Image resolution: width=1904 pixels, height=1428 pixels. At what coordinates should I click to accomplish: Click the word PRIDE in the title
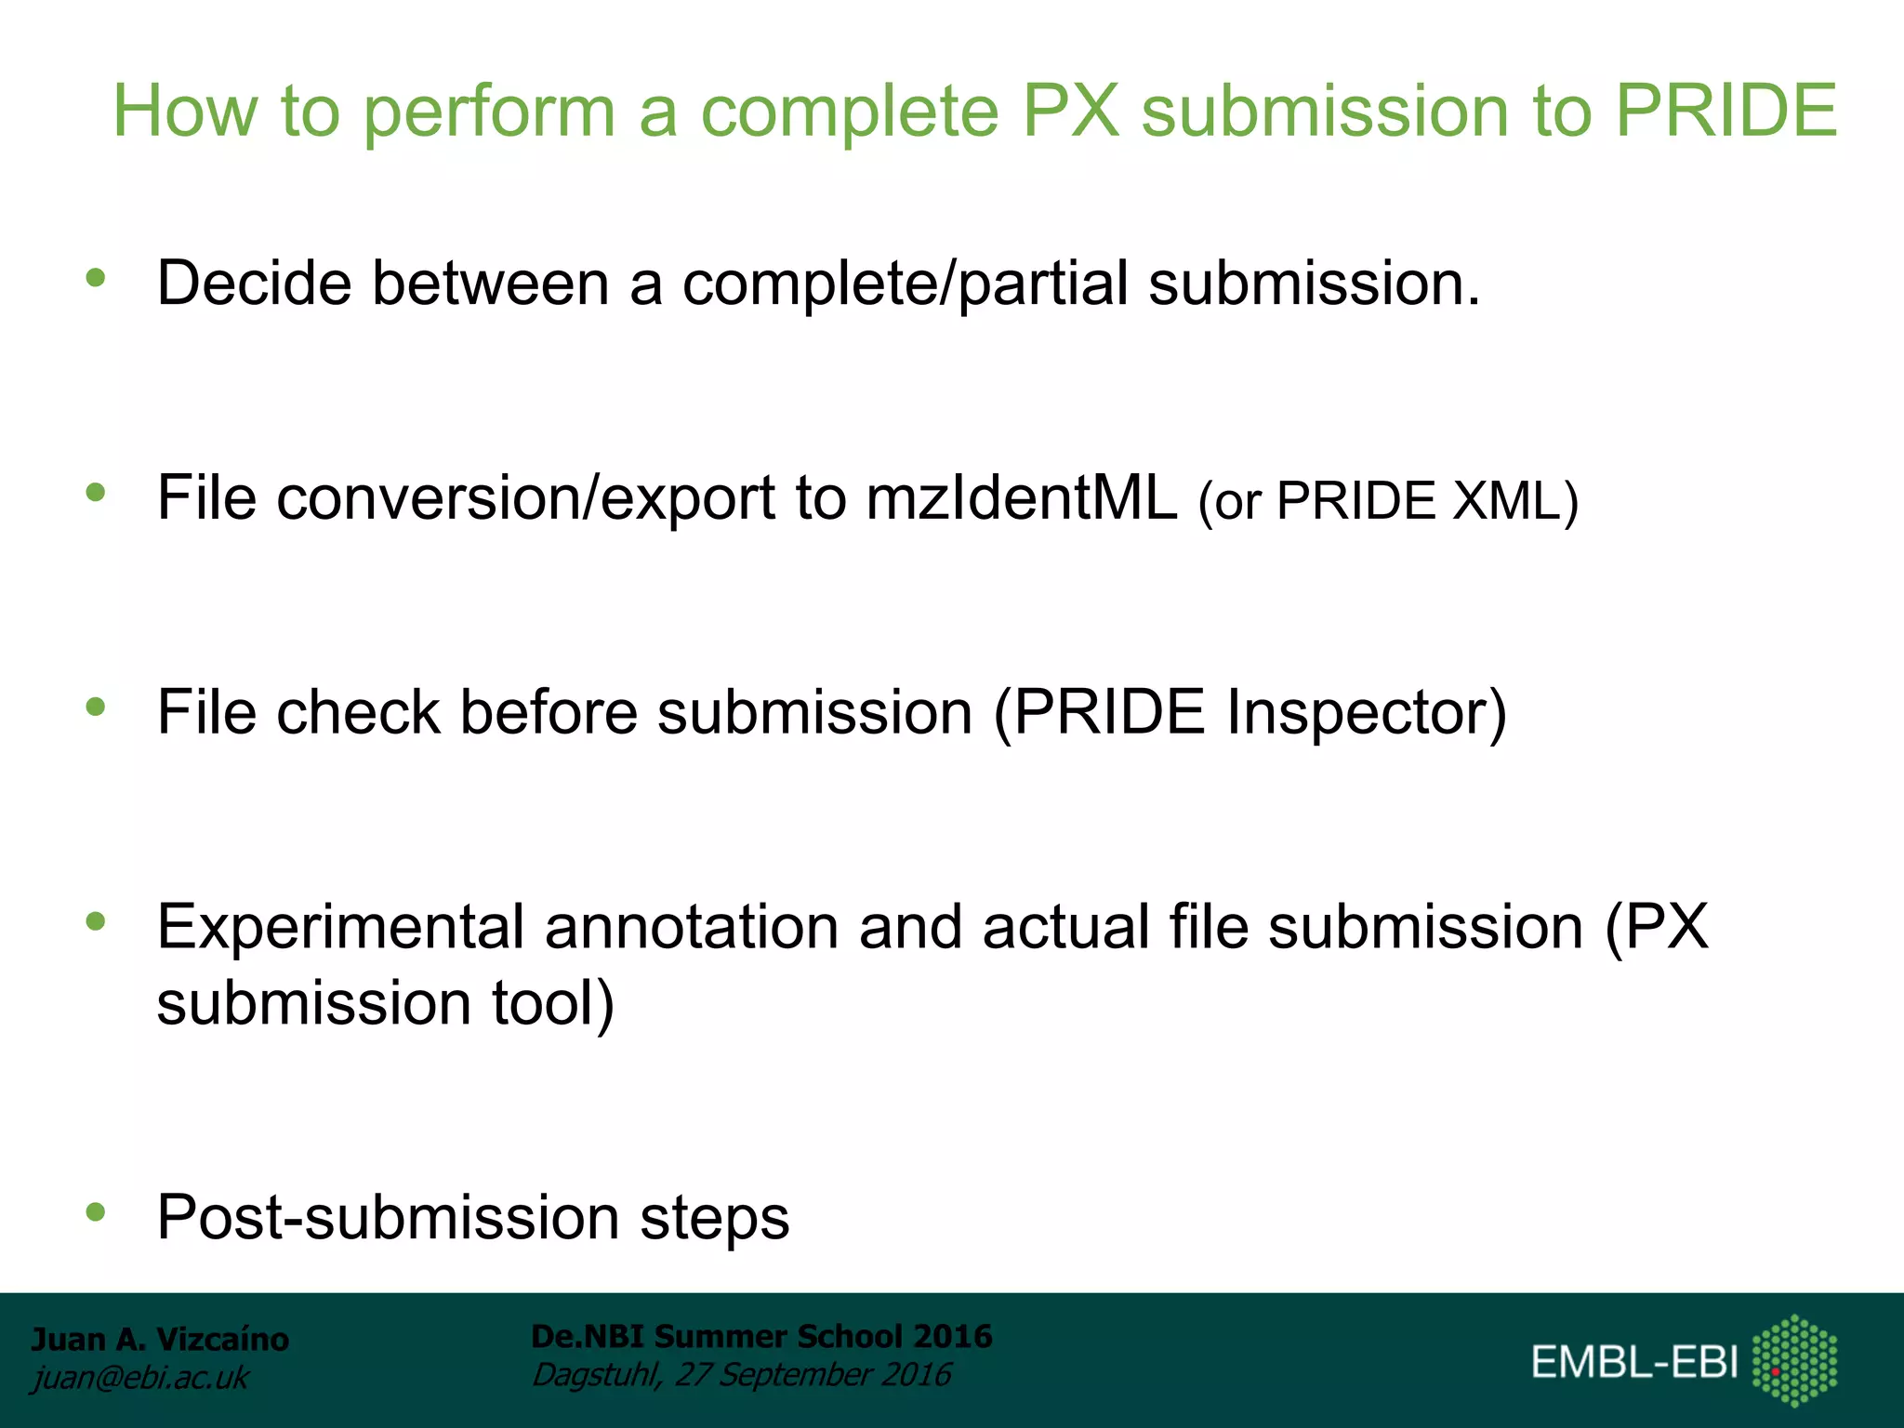point(1725,111)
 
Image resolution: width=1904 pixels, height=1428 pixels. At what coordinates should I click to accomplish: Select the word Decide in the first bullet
point(254,283)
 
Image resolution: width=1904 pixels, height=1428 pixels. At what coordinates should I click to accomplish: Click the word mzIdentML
point(1022,497)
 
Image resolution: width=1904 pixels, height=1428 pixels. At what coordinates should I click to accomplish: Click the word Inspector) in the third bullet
point(1366,713)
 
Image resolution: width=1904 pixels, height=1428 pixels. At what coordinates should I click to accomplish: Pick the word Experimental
point(340,929)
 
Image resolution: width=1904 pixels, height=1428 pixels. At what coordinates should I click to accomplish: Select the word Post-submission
point(388,1218)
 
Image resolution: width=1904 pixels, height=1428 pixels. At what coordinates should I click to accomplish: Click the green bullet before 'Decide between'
point(95,277)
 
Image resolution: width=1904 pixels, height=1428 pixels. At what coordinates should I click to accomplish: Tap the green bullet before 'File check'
point(95,707)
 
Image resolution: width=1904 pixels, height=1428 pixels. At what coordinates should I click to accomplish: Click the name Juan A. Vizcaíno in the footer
point(160,1340)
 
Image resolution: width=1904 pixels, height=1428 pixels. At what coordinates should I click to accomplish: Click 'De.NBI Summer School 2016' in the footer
point(761,1336)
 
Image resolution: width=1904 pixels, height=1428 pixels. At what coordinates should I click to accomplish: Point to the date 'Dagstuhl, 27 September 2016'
point(741,1375)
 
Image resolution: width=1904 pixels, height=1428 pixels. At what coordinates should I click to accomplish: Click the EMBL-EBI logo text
point(1634,1362)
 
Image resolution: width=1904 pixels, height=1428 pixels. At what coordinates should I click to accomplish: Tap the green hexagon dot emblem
point(1794,1360)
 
